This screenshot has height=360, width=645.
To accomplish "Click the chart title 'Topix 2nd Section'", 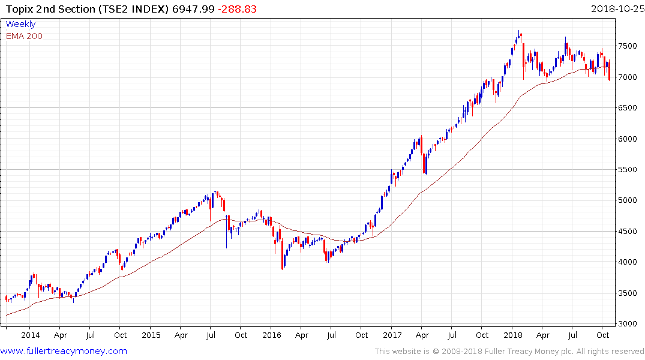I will (47, 8).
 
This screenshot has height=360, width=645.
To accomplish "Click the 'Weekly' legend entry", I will (20, 24).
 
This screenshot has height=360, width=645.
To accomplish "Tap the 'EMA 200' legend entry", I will (24, 36).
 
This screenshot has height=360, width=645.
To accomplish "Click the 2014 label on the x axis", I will (30, 335).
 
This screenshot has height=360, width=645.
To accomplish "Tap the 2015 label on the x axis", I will (151, 335).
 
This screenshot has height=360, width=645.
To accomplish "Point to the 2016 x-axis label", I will (271, 335).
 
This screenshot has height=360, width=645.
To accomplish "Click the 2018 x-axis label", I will (512, 335).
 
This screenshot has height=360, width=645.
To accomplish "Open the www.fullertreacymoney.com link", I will (64, 351).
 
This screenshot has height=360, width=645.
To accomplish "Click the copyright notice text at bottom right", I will (509, 351).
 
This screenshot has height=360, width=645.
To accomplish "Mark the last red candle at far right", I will (609, 71).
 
